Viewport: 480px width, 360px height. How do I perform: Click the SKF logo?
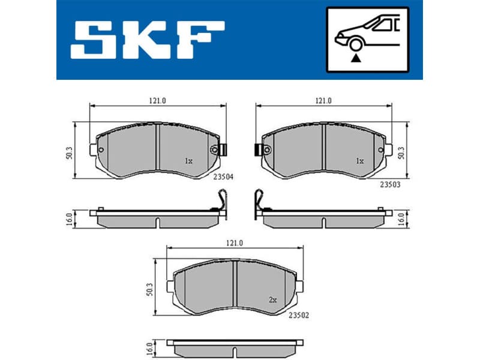click(148, 40)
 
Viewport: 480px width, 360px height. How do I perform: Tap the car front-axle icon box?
click(367, 40)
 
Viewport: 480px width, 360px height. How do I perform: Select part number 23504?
click(223, 176)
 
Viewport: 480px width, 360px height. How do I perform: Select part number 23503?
click(390, 184)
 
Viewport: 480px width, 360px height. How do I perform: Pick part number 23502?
click(299, 314)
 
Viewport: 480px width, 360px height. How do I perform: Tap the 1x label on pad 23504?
click(188, 161)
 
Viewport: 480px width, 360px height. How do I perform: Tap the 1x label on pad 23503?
click(359, 161)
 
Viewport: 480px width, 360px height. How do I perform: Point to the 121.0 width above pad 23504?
click(157, 101)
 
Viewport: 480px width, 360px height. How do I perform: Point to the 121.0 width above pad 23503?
click(324, 101)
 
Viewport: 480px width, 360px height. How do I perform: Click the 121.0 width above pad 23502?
click(234, 242)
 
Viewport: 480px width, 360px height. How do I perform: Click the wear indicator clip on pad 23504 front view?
click(220, 150)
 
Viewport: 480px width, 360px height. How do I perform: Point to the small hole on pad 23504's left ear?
click(101, 150)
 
